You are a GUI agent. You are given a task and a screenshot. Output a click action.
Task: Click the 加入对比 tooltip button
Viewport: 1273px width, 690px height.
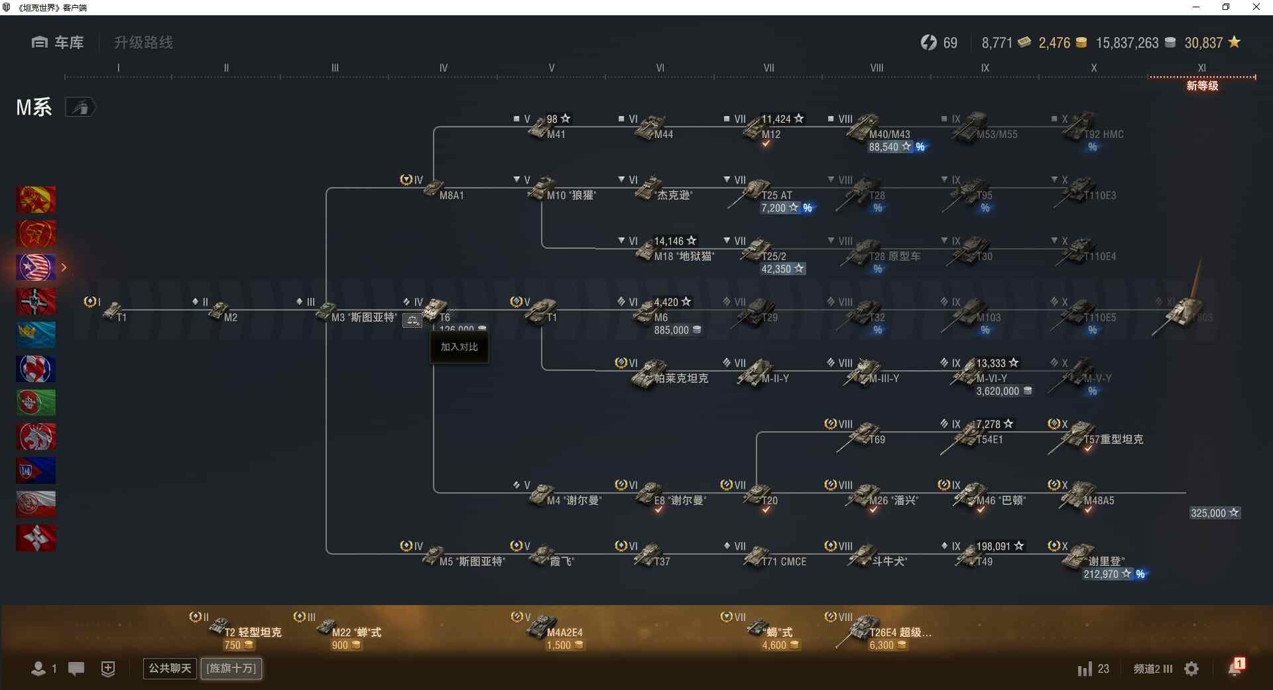tap(459, 347)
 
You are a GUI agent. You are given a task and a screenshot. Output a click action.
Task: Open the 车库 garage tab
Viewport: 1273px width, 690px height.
tap(58, 42)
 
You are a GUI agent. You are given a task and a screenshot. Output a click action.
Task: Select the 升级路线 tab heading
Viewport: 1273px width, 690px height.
tap(143, 42)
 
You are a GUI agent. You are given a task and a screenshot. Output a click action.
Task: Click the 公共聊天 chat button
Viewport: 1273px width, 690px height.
tap(170, 668)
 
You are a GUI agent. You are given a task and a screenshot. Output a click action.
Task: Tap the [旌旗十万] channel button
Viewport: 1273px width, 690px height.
tap(231, 668)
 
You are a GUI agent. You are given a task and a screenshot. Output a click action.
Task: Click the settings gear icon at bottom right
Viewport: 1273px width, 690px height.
tap(1191, 669)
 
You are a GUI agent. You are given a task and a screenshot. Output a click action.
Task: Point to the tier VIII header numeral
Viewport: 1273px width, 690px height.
tap(877, 68)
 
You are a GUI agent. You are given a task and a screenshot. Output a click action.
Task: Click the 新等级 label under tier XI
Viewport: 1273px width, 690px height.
tap(1202, 86)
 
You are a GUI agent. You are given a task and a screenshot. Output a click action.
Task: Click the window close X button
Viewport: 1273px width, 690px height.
tap(1256, 7)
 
